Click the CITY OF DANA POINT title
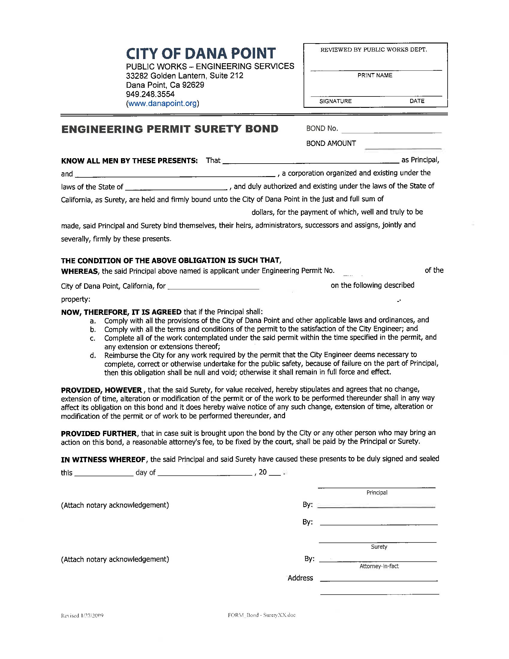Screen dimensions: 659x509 [201, 53]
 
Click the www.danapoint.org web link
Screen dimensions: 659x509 [162, 104]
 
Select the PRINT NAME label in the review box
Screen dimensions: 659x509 [375, 75]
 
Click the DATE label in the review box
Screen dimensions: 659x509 [417, 101]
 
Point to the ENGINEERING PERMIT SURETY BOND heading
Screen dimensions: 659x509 [170, 129]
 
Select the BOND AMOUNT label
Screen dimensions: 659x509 [331, 143]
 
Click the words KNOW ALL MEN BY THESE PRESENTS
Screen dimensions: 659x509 [129, 161]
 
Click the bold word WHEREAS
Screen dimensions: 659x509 [80, 271]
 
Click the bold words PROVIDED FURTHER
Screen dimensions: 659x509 [99, 434]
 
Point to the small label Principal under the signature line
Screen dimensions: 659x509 [377, 493]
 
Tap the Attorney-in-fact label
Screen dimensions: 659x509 [379, 566]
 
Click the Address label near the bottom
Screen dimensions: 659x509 [300, 578]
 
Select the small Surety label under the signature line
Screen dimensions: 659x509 [379, 547]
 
